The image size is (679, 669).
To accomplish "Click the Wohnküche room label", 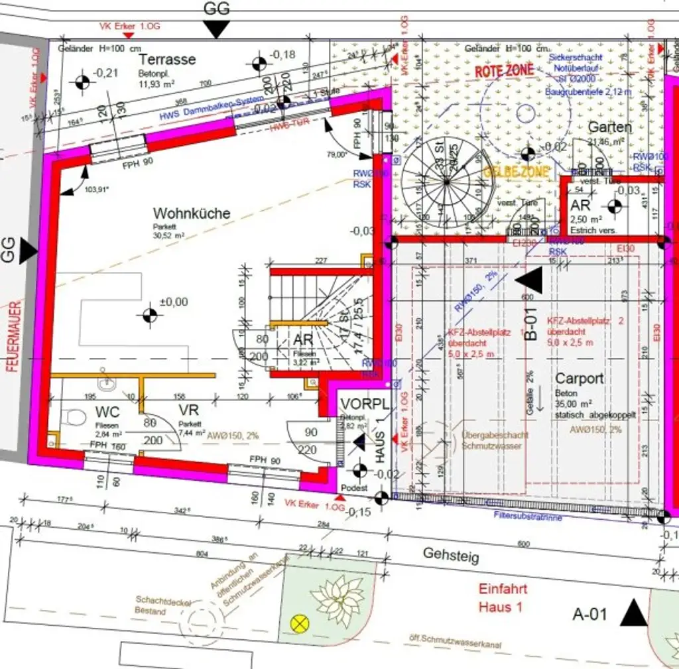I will pos(192,213).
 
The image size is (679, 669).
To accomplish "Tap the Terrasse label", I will pos(167,59).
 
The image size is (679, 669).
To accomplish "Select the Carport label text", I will pos(579,379).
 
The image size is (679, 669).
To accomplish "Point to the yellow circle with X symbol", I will pos(300,623).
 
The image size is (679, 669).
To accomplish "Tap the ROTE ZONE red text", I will pos(504,70).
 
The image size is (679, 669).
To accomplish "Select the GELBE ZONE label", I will pos(517,172).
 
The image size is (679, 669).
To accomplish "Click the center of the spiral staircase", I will pos(446,180).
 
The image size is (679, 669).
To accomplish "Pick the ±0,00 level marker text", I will pos(173,302).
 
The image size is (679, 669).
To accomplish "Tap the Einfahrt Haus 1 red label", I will pos(503,597).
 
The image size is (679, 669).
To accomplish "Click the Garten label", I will pos(609,127).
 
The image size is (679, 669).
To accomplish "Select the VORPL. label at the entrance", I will pos(365,404).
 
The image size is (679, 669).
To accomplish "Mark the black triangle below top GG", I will pos(216,29).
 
